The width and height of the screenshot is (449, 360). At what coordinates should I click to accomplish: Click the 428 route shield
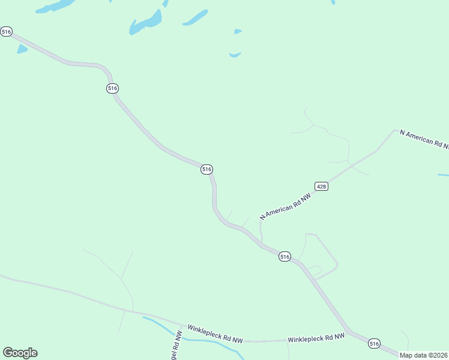tap(321, 187)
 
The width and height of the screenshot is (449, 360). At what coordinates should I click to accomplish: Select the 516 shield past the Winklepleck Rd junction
tap(375, 344)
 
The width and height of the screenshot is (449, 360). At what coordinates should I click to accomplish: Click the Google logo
tap(20, 353)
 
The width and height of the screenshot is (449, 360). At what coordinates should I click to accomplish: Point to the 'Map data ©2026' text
tap(424, 355)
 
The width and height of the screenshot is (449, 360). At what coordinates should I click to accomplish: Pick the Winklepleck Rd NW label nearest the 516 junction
tap(316, 339)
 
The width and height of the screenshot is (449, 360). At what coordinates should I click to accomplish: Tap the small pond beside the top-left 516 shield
tap(22, 49)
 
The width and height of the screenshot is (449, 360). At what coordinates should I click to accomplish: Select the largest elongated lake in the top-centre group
tap(146, 23)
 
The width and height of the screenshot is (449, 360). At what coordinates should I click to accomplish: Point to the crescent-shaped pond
tap(235, 55)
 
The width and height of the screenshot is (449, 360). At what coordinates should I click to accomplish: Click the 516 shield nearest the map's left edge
tap(7, 31)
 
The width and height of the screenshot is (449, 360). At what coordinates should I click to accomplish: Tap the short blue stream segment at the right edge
tap(443, 175)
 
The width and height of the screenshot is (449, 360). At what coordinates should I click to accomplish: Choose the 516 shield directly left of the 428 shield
tap(206, 170)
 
